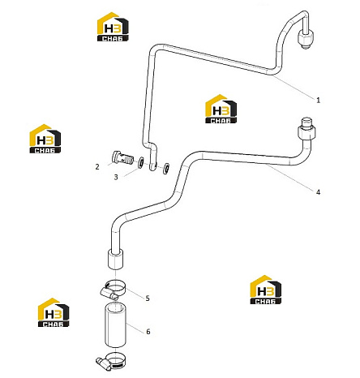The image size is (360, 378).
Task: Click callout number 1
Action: pyautogui.click(x=318, y=100)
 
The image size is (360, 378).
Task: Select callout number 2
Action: pyautogui.click(x=97, y=166)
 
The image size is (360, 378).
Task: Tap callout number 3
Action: pyautogui.click(x=116, y=177)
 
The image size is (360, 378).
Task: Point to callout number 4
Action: pyautogui.click(x=318, y=192)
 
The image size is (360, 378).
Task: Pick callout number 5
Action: pyautogui.click(x=148, y=299)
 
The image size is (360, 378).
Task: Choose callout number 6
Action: pyautogui.click(x=148, y=332)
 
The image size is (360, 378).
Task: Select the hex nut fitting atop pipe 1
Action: pyautogui.click(x=306, y=38)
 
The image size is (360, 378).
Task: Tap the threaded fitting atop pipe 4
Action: pyautogui.click(x=306, y=128)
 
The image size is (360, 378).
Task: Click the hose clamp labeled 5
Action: pyautogui.click(x=114, y=290)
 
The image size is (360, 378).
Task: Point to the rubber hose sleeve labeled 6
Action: pyautogui.click(x=116, y=325)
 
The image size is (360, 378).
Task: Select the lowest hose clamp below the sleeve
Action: pyautogui.click(x=110, y=361)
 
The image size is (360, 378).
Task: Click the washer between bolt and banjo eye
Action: pyautogui.click(x=141, y=162)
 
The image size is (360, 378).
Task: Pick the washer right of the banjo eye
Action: pyautogui.click(x=166, y=168)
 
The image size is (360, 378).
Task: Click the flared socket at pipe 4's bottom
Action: pyautogui.click(x=116, y=260)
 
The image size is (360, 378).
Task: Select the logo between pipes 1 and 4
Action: pyautogui.click(x=221, y=109)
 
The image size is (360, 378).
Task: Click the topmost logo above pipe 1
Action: pyautogui.click(x=113, y=27)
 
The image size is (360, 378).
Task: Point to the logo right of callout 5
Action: pyautogui.click(x=266, y=290)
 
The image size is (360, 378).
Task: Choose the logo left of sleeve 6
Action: pyautogui.click(x=54, y=312)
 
